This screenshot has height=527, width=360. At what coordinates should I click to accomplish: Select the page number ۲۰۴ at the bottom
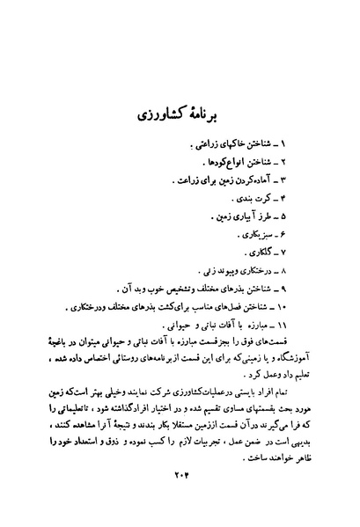point(180,475)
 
